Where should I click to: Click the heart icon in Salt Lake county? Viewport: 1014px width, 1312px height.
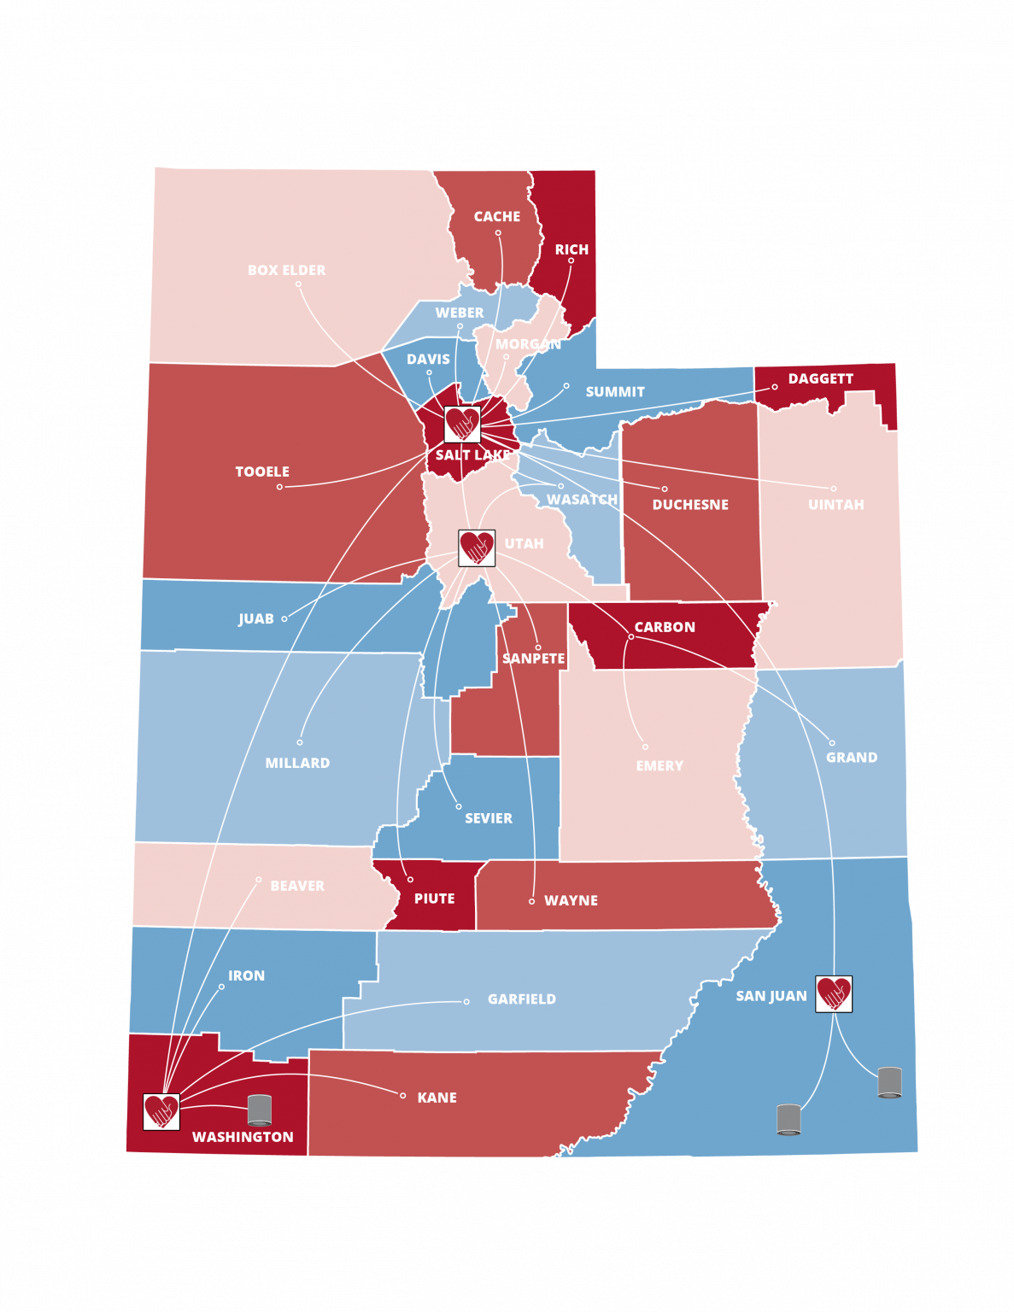click(x=462, y=424)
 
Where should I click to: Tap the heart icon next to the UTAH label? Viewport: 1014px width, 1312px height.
click(x=477, y=548)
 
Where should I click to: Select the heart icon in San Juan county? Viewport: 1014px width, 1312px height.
click(x=834, y=994)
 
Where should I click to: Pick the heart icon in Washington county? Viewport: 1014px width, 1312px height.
click(x=161, y=1111)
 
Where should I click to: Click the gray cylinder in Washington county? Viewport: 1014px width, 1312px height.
click(x=260, y=1110)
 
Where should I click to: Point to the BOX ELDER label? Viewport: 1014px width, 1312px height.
click(x=286, y=270)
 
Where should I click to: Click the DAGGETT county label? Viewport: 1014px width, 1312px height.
click(x=820, y=378)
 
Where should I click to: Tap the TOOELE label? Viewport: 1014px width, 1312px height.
click(x=262, y=471)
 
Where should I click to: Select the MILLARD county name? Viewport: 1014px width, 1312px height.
click(x=297, y=763)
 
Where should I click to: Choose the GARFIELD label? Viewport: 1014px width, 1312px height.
click(x=521, y=999)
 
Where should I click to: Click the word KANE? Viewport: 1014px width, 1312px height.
click(x=437, y=1098)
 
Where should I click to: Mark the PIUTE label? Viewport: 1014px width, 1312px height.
click(x=434, y=899)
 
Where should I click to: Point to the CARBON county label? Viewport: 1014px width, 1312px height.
click(x=665, y=627)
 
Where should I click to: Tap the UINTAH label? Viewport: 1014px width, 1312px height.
click(x=835, y=505)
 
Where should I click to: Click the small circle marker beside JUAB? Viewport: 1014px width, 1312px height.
click(x=284, y=618)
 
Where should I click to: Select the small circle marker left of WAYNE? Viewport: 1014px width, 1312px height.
click(x=531, y=901)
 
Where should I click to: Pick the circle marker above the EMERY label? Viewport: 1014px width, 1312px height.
click(x=645, y=747)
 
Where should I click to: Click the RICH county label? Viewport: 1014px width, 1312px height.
click(x=571, y=249)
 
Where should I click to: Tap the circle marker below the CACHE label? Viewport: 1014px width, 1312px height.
click(x=498, y=232)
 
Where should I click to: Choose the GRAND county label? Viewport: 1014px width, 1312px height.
click(x=851, y=758)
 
